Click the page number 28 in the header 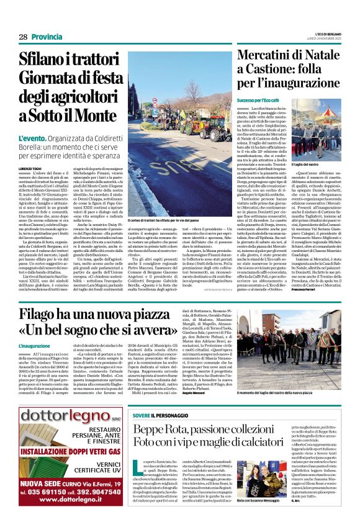point(22,37)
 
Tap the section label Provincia point(47,37)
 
